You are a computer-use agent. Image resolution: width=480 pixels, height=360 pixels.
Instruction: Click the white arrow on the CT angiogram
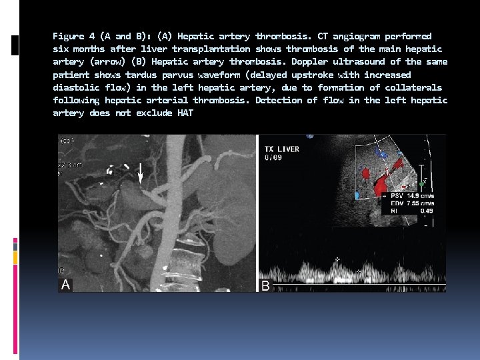coord(140,173)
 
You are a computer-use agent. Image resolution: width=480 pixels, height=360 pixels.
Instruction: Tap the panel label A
coord(65,285)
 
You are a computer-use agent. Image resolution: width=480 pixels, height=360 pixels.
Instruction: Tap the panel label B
coord(265,285)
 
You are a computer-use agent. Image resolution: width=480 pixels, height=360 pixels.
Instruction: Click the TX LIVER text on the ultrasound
coord(282,149)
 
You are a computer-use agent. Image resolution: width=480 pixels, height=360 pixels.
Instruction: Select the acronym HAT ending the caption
coord(185,113)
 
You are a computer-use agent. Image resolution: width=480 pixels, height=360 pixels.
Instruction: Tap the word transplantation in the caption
coord(211,49)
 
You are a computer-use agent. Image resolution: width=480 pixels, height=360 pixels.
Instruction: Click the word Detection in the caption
coord(279,100)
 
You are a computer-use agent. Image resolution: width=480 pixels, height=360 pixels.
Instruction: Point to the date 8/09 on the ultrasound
coord(274,159)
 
